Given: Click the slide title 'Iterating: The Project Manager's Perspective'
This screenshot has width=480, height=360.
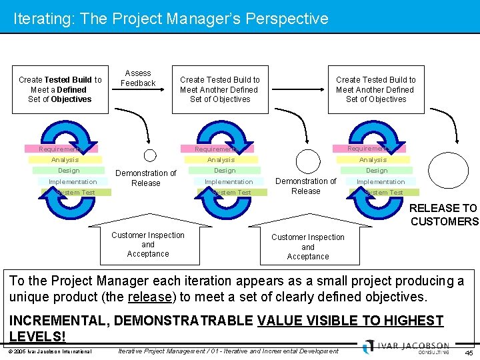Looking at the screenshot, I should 171,19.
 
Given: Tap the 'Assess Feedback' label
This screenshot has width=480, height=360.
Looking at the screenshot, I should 138,78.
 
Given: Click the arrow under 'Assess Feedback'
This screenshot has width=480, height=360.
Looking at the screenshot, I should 147,95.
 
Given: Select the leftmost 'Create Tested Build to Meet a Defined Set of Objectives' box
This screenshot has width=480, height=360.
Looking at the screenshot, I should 60,89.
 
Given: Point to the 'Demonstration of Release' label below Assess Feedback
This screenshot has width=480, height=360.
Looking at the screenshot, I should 145,178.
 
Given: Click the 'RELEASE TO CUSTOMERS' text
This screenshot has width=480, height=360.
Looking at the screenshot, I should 443,215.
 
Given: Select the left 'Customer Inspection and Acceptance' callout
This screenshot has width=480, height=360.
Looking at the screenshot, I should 148,244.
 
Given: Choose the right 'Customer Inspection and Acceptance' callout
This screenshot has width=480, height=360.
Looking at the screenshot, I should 307,246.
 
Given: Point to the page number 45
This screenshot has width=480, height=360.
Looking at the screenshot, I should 469,352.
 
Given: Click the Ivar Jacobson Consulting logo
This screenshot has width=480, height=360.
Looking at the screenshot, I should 407,347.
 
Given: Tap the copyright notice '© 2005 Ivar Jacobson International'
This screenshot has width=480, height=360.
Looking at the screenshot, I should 50,351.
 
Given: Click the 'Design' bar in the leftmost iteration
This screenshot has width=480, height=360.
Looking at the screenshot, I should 69,171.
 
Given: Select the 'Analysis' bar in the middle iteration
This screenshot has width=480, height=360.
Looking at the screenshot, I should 221,160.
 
